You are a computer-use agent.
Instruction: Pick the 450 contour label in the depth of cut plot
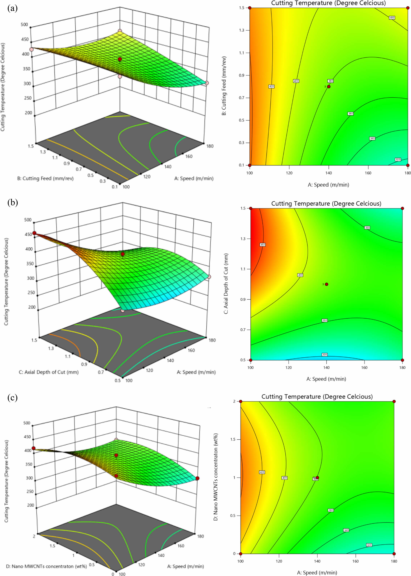[x=262, y=245]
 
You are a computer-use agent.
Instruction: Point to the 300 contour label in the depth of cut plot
[x=324, y=354]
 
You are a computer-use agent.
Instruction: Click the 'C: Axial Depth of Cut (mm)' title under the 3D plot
[x=49, y=372]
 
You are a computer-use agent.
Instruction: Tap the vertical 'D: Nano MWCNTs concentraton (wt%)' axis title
[x=216, y=477]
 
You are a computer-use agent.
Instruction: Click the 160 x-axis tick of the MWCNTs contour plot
[x=356, y=561]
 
